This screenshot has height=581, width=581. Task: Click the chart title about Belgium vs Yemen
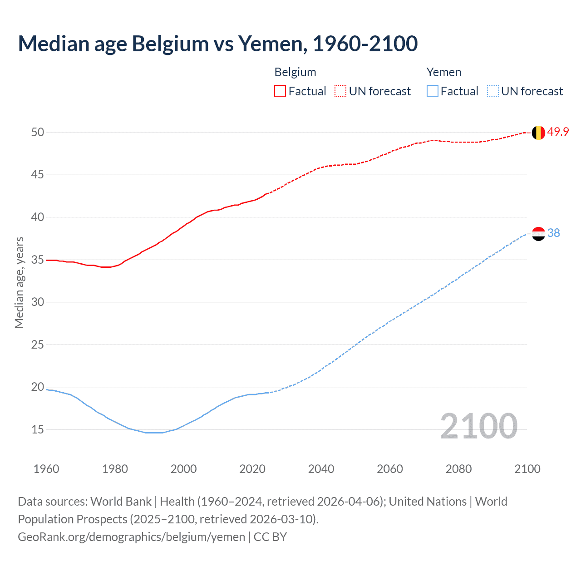[x=218, y=44]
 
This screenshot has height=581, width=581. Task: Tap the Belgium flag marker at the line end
[x=538, y=133]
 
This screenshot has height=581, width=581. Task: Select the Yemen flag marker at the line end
[x=538, y=233]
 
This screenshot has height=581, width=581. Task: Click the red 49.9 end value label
[x=558, y=132]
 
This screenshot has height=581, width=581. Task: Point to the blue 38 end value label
[x=553, y=233]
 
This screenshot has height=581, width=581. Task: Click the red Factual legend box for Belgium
[x=280, y=91]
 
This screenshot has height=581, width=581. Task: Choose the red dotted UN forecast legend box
[x=340, y=91]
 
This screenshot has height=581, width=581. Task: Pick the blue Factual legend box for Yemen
[x=432, y=91]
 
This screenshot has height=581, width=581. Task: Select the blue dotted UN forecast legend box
[x=492, y=91]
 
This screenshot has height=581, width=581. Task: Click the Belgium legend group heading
[x=295, y=72]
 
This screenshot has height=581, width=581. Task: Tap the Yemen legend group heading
[x=443, y=72]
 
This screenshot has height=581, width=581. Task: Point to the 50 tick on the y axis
[x=38, y=132]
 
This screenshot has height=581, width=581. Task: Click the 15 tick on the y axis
[x=38, y=429]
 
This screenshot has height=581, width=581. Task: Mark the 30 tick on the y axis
[x=38, y=302]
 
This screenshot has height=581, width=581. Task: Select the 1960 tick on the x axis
[x=46, y=469]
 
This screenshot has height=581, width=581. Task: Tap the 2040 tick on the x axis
[x=321, y=469]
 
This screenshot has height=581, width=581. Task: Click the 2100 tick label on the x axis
[x=527, y=469]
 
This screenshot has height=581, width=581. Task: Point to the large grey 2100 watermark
[x=478, y=426]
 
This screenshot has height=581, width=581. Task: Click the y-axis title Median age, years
[x=19, y=282]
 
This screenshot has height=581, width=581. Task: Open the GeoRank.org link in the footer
[x=131, y=537]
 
